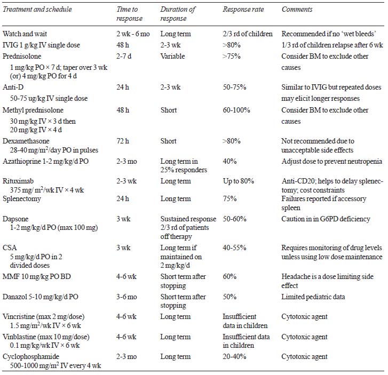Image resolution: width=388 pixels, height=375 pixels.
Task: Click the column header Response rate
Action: coord(243,10)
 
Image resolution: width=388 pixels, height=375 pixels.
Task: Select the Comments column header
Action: coord(297,10)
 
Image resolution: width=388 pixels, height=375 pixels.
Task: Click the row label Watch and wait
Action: coord(25,34)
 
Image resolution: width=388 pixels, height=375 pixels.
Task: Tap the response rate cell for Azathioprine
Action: coord(229,161)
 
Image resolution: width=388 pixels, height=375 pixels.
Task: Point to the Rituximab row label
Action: coord(18,181)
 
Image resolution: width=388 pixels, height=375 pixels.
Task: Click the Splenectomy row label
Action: coord(22,199)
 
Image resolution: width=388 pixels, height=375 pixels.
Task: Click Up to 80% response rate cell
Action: coord(238,181)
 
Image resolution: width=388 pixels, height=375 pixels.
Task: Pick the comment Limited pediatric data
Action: coord(313,297)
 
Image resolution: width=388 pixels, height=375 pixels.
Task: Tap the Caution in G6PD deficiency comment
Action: coord(326,219)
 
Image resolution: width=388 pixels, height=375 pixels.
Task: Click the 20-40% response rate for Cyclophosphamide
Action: coord(234,357)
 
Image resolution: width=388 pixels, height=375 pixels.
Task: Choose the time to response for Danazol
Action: coord(126,297)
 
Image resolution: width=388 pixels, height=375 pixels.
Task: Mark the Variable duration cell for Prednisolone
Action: coord(172,56)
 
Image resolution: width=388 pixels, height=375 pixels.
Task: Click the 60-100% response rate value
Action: coord(236,110)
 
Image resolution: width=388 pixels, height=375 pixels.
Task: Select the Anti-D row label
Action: coord(13,87)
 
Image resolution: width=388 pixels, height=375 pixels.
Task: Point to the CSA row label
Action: coord(10,248)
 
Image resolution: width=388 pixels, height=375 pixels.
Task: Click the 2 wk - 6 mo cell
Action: coord(133,34)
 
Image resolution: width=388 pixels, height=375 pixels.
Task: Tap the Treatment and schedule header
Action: coord(37,10)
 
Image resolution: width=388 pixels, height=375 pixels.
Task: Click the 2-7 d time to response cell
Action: coord(124,56)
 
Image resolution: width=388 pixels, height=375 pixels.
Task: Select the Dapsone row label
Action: coord(15,219)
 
